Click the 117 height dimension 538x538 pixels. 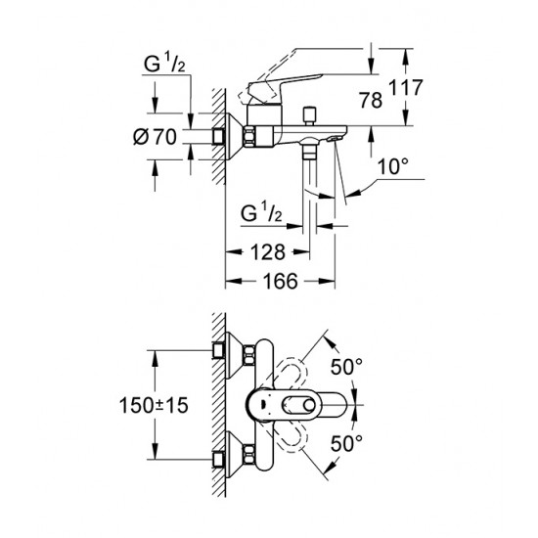[x=406, y=87]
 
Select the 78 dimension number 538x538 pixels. [x=371, y=100]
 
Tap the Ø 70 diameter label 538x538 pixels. [x=155, y=137]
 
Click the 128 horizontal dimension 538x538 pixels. [x=268, y=252]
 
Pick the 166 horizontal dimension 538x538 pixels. [x=281, y=282]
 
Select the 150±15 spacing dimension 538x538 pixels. [x=154, y=405]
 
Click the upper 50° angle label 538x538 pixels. [x=346, y=367]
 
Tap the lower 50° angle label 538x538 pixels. [x=346, y=443]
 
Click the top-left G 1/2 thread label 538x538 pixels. [x=164, y=64]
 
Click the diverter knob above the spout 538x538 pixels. [x=310, y=116]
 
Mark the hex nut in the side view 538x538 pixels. [x=249, y=136]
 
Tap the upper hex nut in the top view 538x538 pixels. [x=249, y=356]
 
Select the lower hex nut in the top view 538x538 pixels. [x=249, y=455]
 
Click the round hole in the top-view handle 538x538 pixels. [x=309, y=405]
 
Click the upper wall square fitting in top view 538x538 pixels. [x=218, y=350]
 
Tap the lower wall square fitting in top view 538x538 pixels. [x=218, y=460]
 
